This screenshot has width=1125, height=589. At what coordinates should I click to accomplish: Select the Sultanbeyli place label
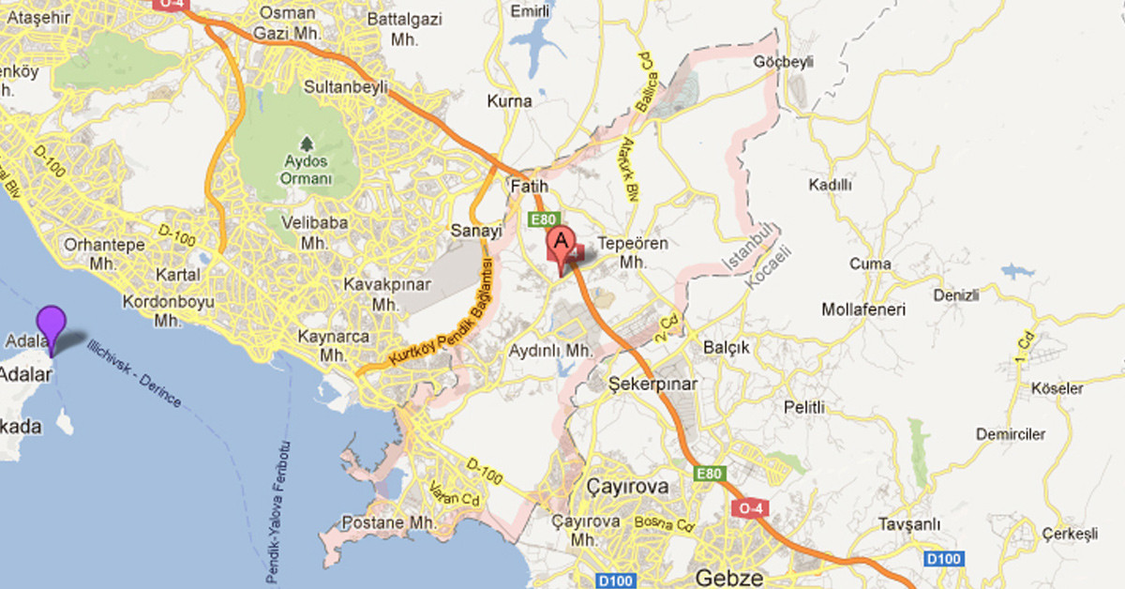point(342,87)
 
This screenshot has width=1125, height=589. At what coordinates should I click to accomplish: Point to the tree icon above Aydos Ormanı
point(306,143)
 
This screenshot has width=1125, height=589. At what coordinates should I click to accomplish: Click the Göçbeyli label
point(783,62)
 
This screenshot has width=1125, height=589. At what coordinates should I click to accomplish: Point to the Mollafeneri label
point(861,310)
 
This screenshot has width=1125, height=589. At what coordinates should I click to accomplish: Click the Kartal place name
point(180,275)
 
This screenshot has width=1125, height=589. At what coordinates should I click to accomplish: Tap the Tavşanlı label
point(907,524)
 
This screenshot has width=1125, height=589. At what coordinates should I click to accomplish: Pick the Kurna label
point(510,100)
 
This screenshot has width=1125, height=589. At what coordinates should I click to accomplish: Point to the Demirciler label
point(1010,434)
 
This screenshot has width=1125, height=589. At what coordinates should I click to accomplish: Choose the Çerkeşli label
point(1070,534)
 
